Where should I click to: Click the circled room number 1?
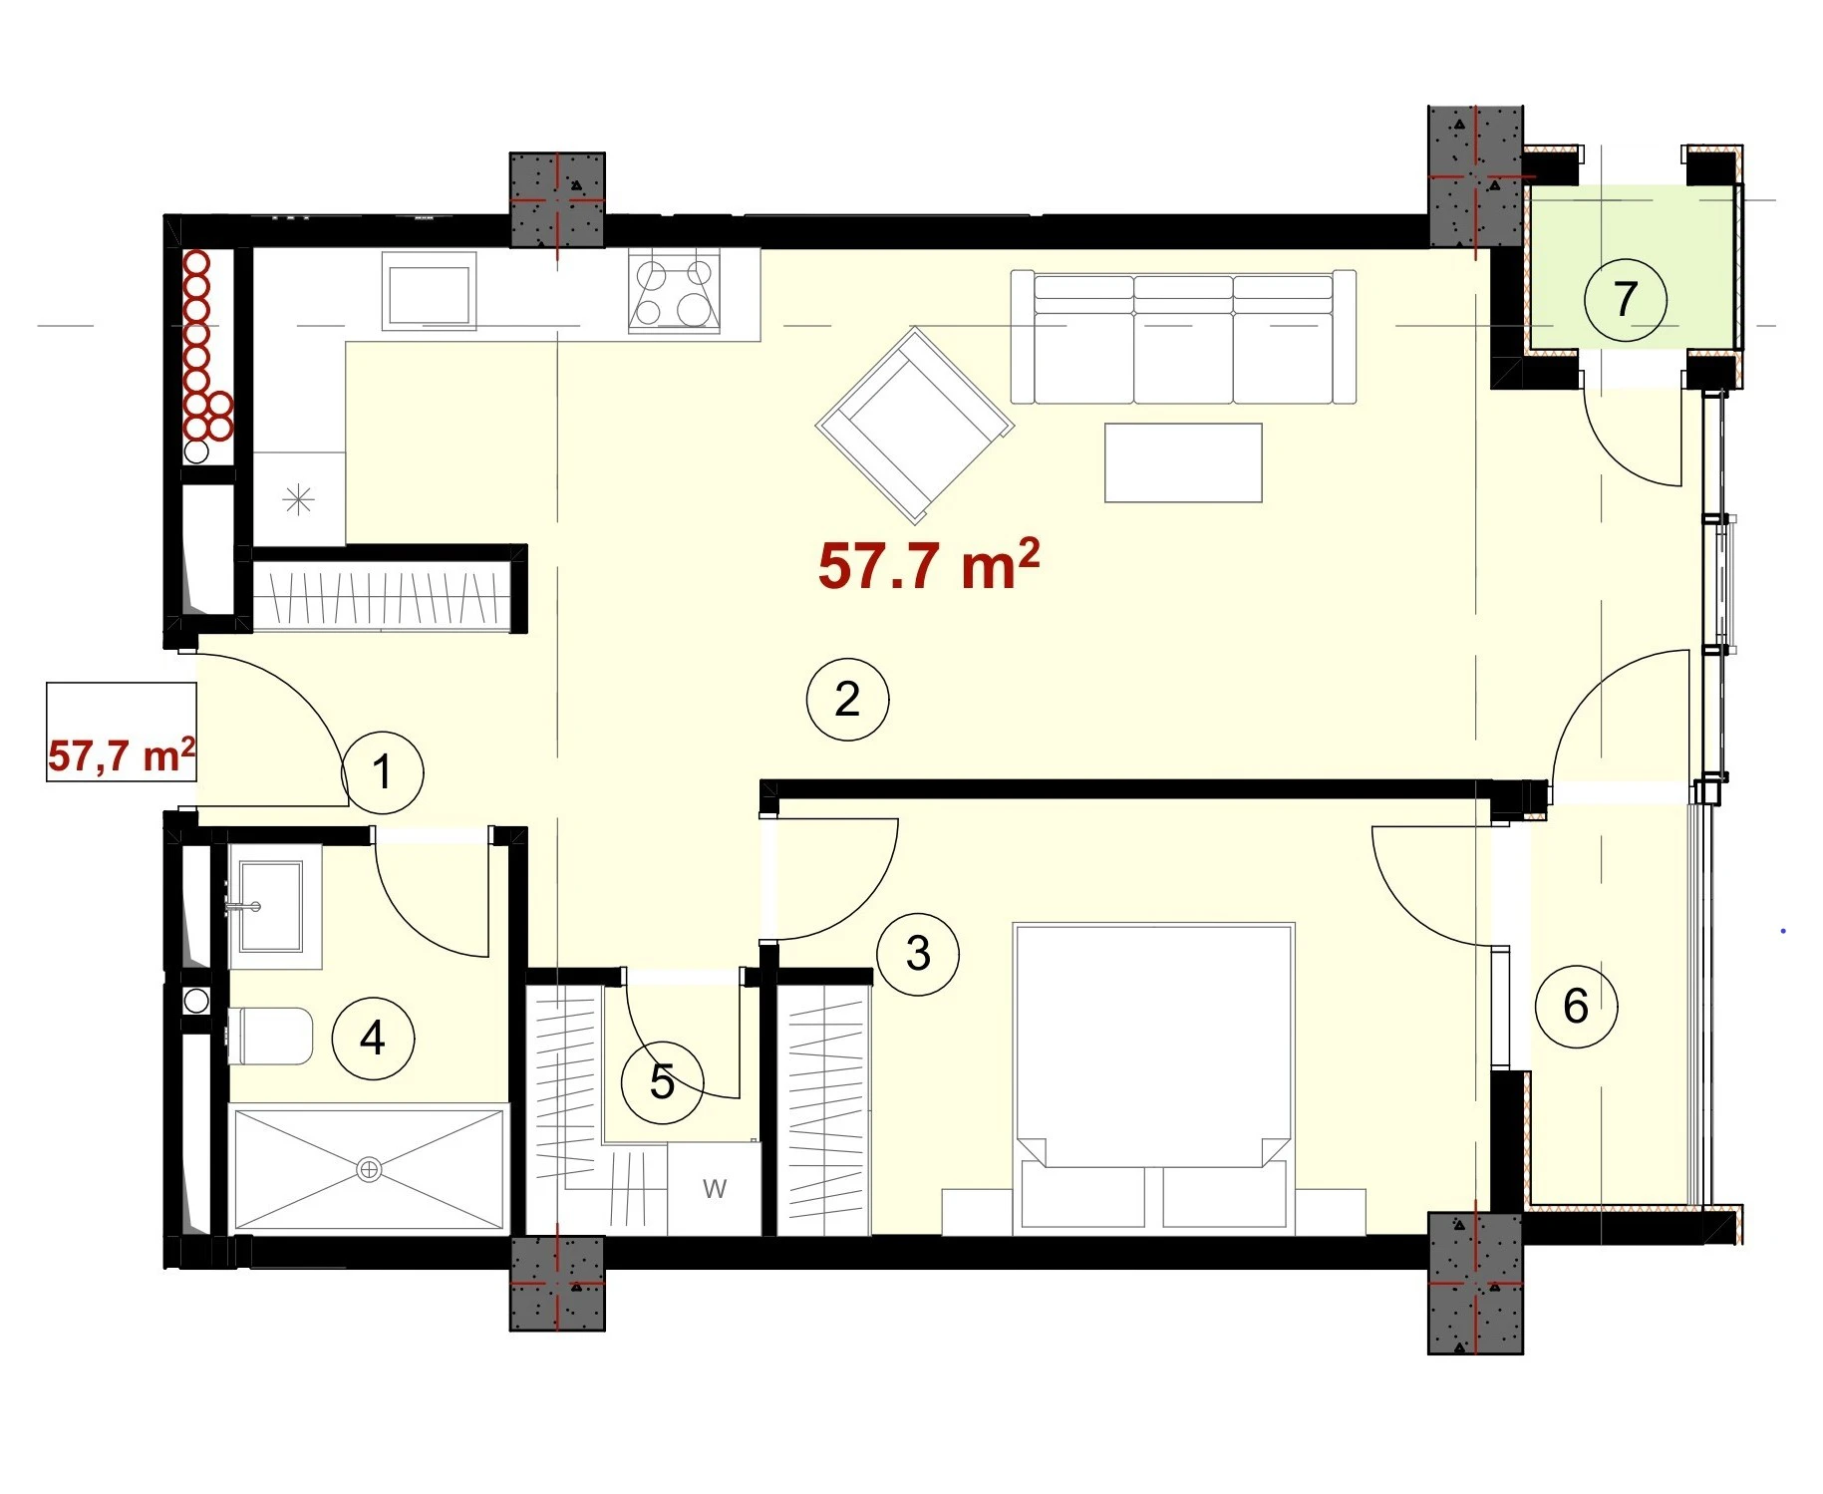(383, 771)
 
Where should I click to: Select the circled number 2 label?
(847, 699)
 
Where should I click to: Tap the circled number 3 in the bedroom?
(918, 954)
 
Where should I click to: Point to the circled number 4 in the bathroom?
(373, 1038)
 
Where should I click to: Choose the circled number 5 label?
(663, 1081)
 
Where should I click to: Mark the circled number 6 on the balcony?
(1576, 1006)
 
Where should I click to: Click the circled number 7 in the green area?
(1626, 299)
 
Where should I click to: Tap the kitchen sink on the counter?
(429, 290)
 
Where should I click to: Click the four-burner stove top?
(675, 292)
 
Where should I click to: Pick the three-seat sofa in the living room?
(1183, 336)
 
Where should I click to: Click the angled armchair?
(915, 426)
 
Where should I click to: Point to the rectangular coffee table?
(1183, 462)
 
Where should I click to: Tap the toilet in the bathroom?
(270, 1036)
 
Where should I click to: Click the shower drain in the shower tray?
(369, 1169)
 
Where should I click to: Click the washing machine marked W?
(714, 1189)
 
